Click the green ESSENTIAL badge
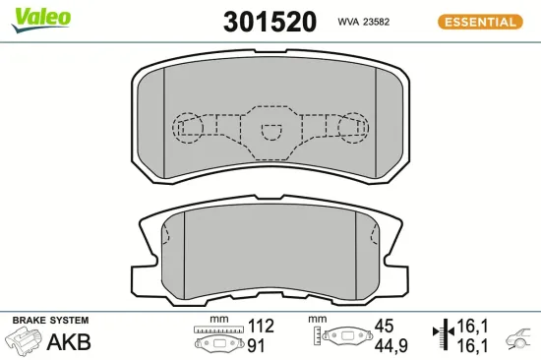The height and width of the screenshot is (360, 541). pos(479,21)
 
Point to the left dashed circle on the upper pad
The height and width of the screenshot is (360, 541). pos(187,126)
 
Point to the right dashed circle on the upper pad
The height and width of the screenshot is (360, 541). pos(351,126)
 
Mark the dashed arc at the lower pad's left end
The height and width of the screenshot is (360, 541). pos(167,236)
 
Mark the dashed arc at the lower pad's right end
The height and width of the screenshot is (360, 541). pos(374,236)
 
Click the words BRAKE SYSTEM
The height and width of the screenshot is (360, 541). pos(49,321)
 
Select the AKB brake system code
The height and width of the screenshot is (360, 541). pos(70,342)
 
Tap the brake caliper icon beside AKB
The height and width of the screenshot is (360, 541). pos(25,342)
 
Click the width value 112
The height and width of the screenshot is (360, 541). pos(261,326)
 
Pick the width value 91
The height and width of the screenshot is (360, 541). pos(255,344)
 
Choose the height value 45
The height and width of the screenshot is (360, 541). pos(384,326)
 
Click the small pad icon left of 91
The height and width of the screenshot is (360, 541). pos(217,344)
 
